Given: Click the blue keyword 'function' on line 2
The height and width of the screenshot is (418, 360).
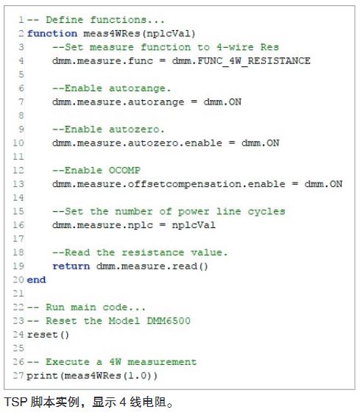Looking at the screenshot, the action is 52,34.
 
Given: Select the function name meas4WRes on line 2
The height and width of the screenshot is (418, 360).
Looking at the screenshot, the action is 112,34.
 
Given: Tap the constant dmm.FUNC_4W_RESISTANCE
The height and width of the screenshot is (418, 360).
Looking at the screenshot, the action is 241,61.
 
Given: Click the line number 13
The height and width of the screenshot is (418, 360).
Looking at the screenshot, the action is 18,184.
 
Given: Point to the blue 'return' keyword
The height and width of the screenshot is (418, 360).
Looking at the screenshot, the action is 71,266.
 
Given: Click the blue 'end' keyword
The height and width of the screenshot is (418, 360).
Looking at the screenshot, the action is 36,280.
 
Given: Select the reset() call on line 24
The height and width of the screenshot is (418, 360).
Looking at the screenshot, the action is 48,335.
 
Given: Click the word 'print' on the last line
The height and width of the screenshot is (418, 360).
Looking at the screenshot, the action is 42,376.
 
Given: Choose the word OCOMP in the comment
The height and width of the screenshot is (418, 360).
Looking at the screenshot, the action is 124,170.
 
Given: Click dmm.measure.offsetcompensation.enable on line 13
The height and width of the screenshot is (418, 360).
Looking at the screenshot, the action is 169,184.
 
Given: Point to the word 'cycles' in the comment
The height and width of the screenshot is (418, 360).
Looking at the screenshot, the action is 267,212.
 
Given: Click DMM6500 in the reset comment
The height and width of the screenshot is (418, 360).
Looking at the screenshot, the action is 169,320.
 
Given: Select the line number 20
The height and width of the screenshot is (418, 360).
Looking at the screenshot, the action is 18,280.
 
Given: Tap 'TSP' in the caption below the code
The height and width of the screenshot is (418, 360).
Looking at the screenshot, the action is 15,402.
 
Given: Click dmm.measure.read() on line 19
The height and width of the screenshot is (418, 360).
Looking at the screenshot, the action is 152,266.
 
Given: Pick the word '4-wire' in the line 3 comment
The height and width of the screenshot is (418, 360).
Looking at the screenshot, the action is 235,47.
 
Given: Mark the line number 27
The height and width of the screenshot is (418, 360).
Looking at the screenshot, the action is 18,375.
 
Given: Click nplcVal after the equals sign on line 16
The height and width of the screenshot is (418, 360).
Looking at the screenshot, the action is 194,225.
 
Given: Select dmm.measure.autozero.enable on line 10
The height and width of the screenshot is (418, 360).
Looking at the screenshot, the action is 138,144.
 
